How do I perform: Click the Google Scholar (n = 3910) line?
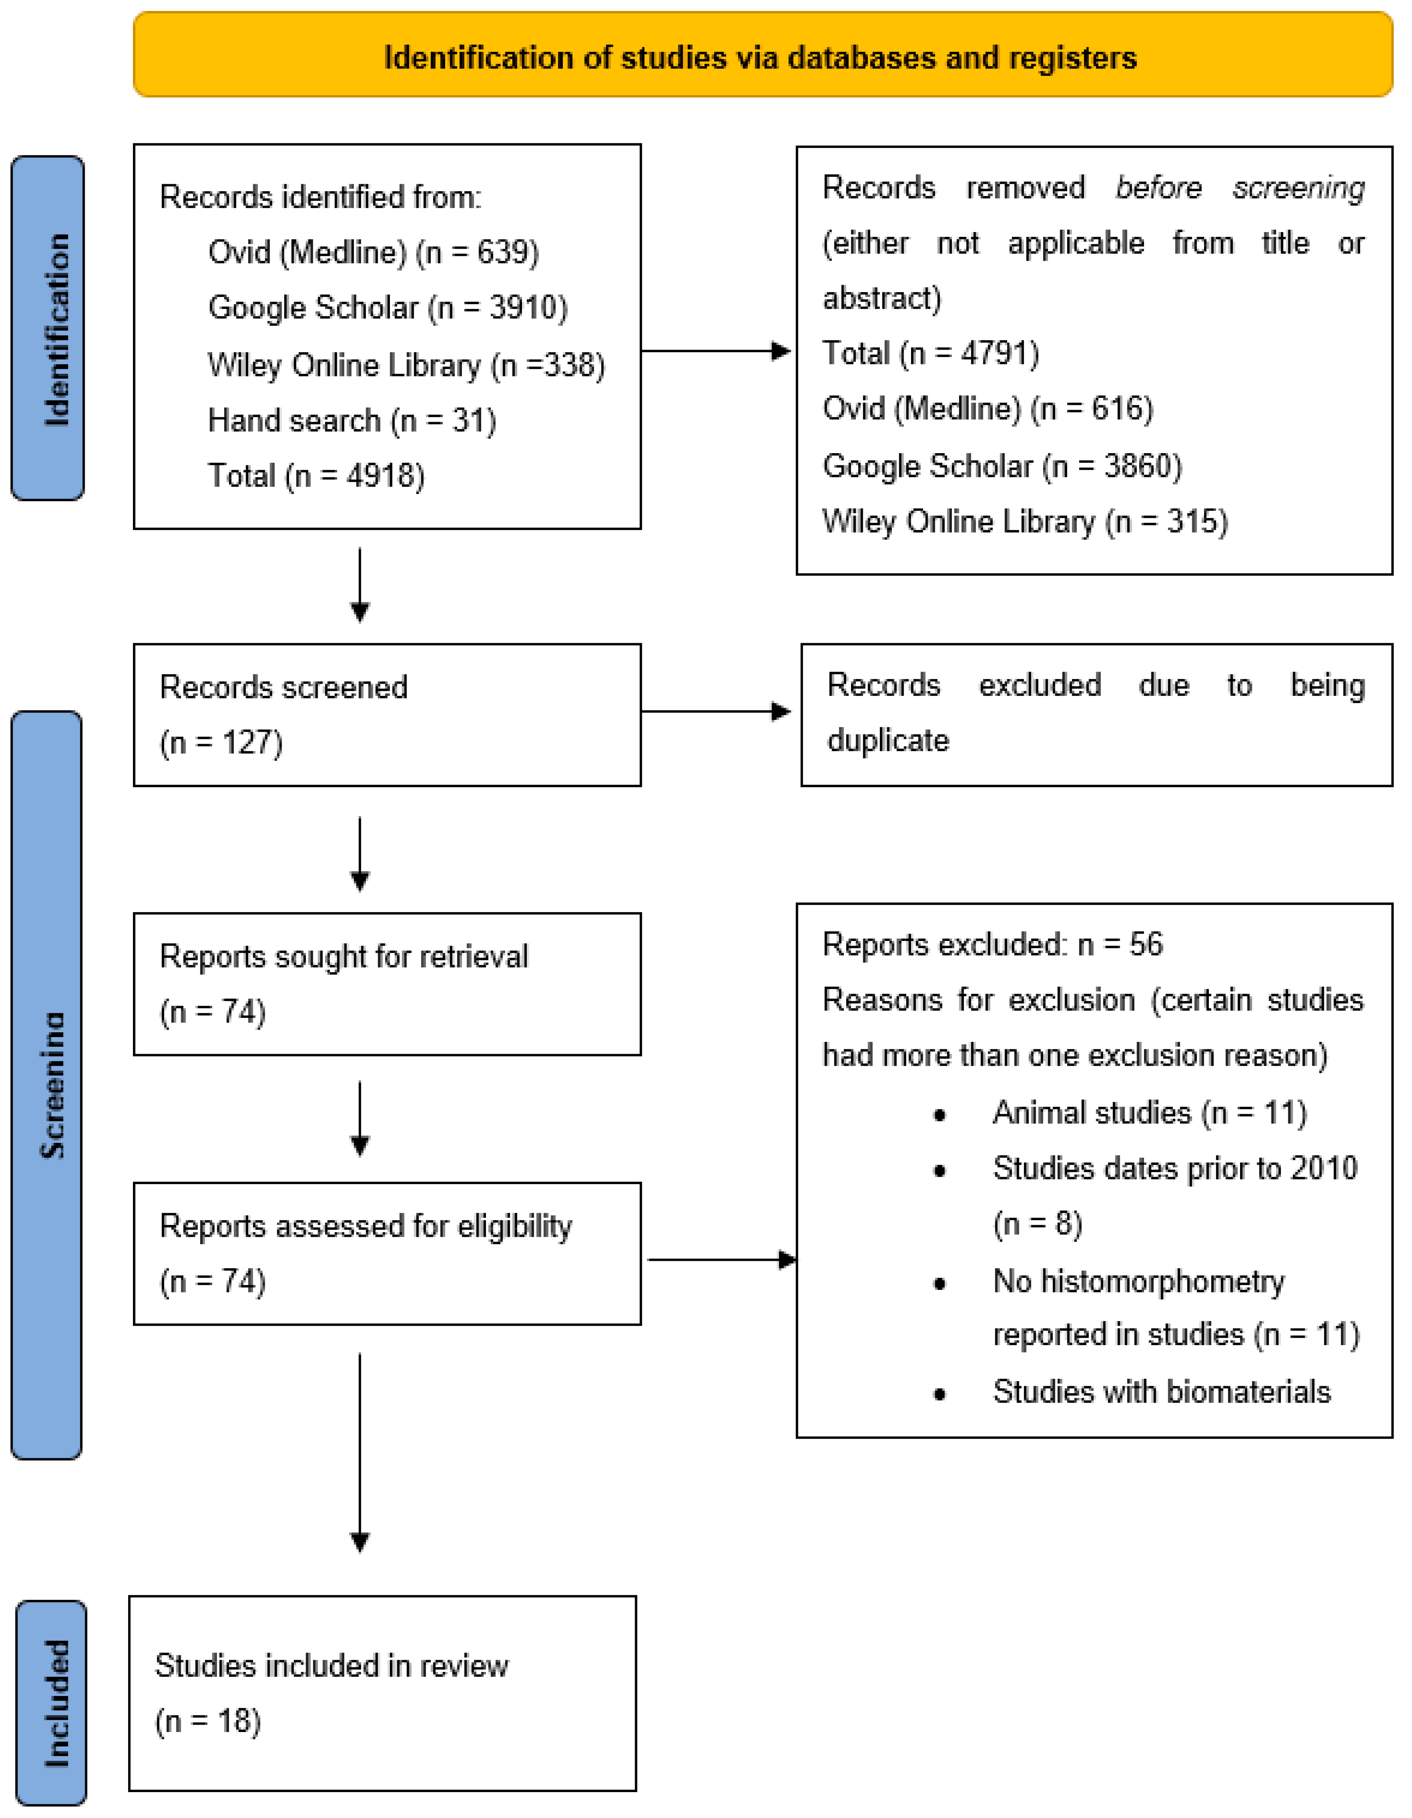pyautogui.click(x=387, y=308)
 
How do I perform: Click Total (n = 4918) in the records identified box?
pyautogui.click(x=316, y=476)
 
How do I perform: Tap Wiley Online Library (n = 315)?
pyautogui.click(x=1024, y=522)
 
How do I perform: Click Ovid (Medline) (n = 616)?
pyautogui.click(x=987, y=409)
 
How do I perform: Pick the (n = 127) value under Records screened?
pyautogui.click(x=221, y=742)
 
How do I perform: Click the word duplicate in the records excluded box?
pyautogui.click(x=887, y=740)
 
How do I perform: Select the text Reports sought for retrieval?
pyautogui.click(x=343, y=956)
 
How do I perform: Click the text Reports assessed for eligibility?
pyautogui.click(x=365, y=1226)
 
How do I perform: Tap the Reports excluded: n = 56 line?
pyautogui.click(x=992, y=945)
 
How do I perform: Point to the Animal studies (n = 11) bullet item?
pyautogui.click(x=1149, y=1113)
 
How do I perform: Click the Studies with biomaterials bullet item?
pyautogui.click(x=1162, y=1392)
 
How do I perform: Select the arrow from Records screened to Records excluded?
pyautogui.click(x=716, y=712)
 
